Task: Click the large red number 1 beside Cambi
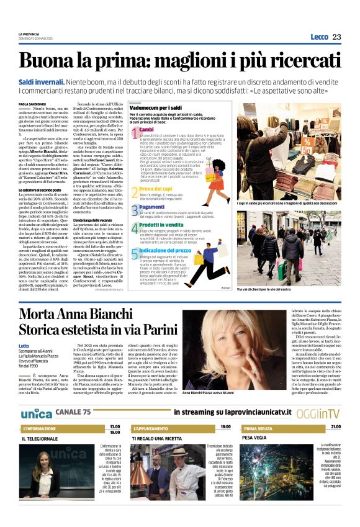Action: pyautogui.click(x=134, y=132)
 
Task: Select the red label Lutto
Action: pyautogui.click(x=24, y=345)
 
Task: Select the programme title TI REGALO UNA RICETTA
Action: pyautogui.click(x=159, y=438)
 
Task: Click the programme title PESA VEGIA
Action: pyautogui.click(x=254, y=438)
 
